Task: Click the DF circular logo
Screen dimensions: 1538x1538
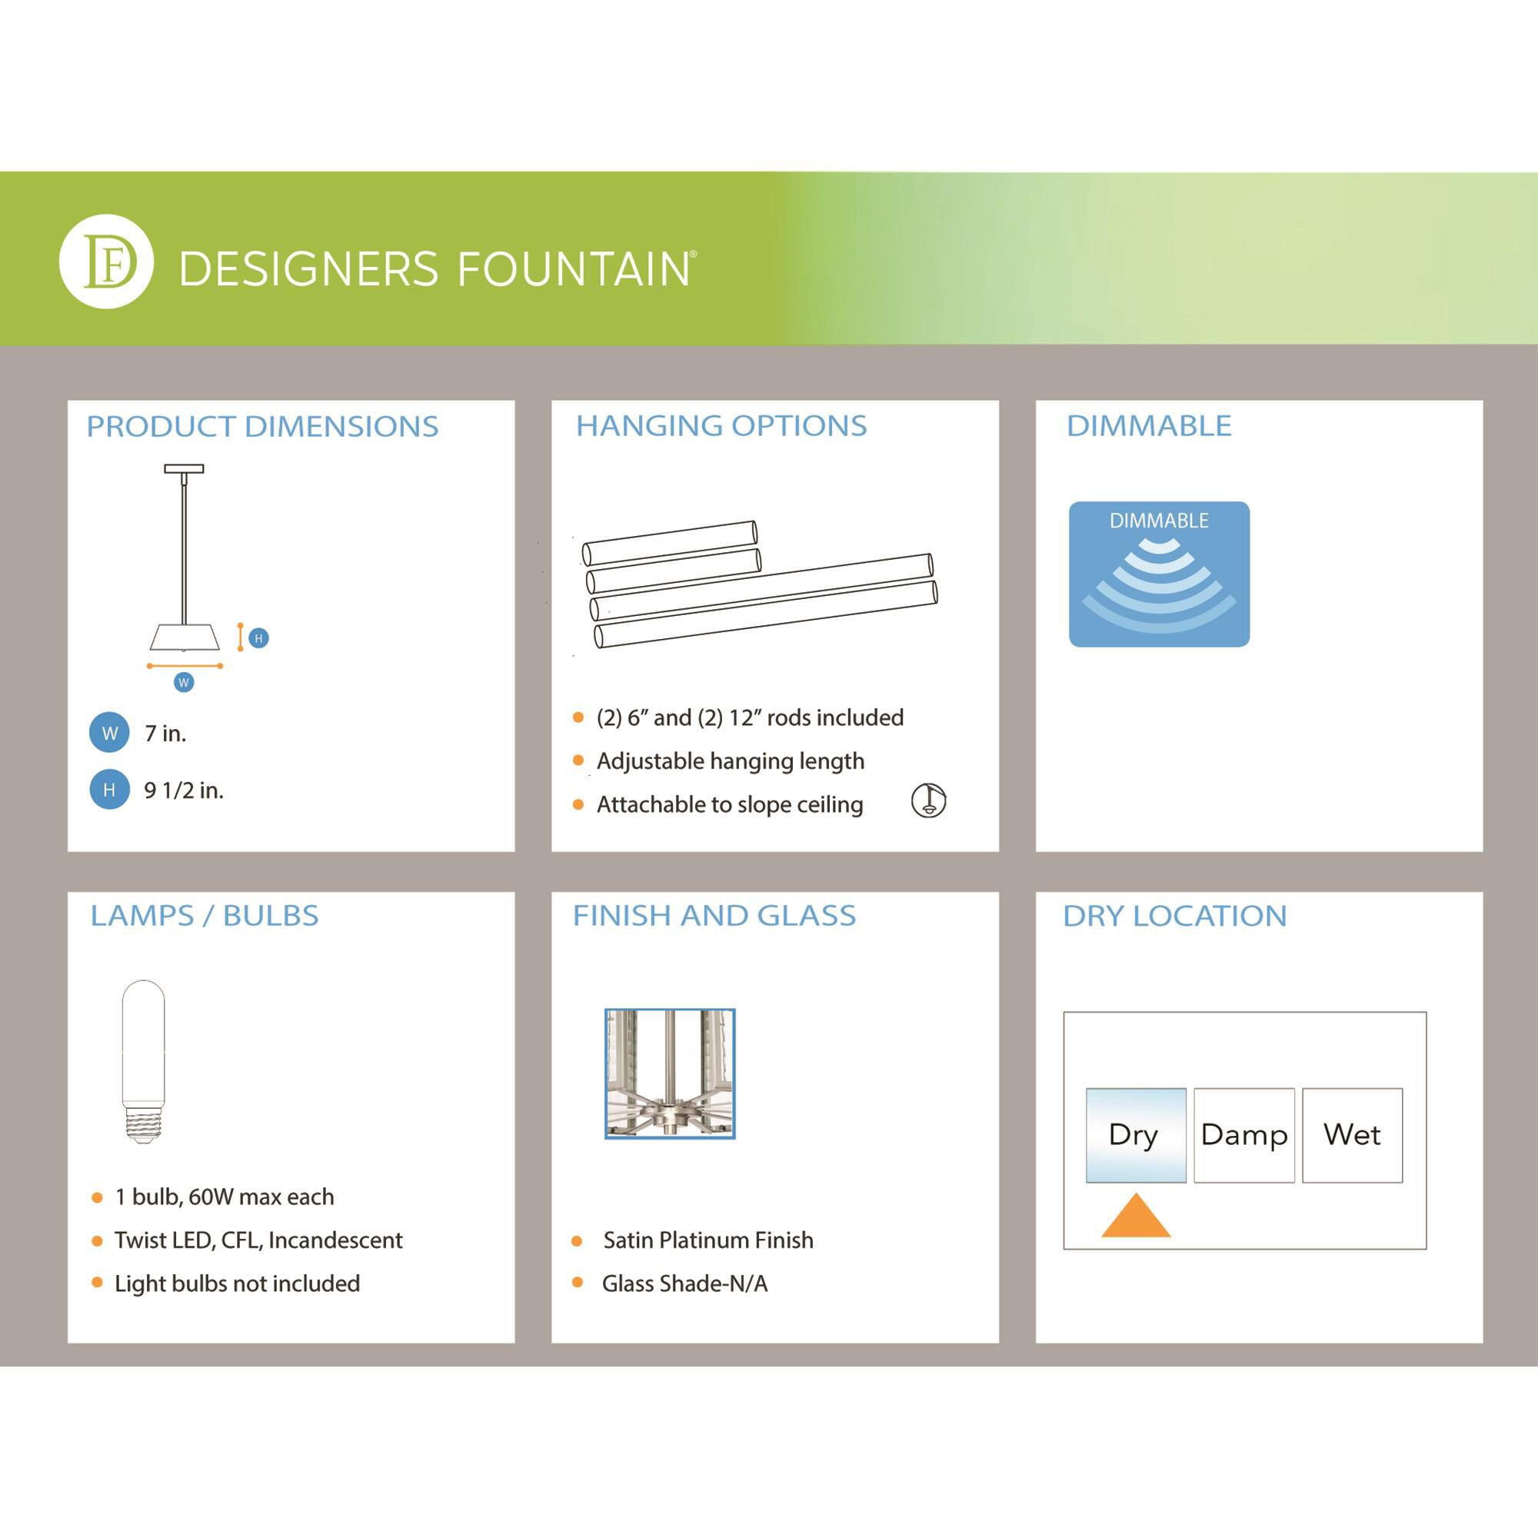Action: click(106, 261)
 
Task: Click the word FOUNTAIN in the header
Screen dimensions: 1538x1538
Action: click(574, 269)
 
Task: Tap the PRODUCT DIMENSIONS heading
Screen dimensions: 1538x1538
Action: click(262, 427)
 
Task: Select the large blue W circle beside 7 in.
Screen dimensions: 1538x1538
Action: click(109, 732)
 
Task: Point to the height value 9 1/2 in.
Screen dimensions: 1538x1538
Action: click(183, 791)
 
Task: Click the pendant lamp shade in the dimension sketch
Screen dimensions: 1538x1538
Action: click(184, 637)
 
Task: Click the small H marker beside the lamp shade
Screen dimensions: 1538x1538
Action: click(258, 638)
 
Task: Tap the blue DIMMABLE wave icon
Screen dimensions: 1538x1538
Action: click(1158, 574)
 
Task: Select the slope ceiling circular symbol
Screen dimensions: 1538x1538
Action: click(928, 800)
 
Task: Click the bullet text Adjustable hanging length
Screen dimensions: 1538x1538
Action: click(730, 761)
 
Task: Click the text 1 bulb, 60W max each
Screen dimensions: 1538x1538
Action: click(224, 1197)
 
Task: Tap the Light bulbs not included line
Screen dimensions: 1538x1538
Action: click(236, 1283)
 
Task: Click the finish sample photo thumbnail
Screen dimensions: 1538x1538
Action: click(670, 1073)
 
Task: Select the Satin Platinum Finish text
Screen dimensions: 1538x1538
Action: click(707, 1240)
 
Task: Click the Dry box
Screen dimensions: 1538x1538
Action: click(1135, 1134)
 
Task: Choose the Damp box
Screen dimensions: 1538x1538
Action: click(1243, 1134)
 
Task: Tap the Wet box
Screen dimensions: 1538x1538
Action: click(1352, 1134)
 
